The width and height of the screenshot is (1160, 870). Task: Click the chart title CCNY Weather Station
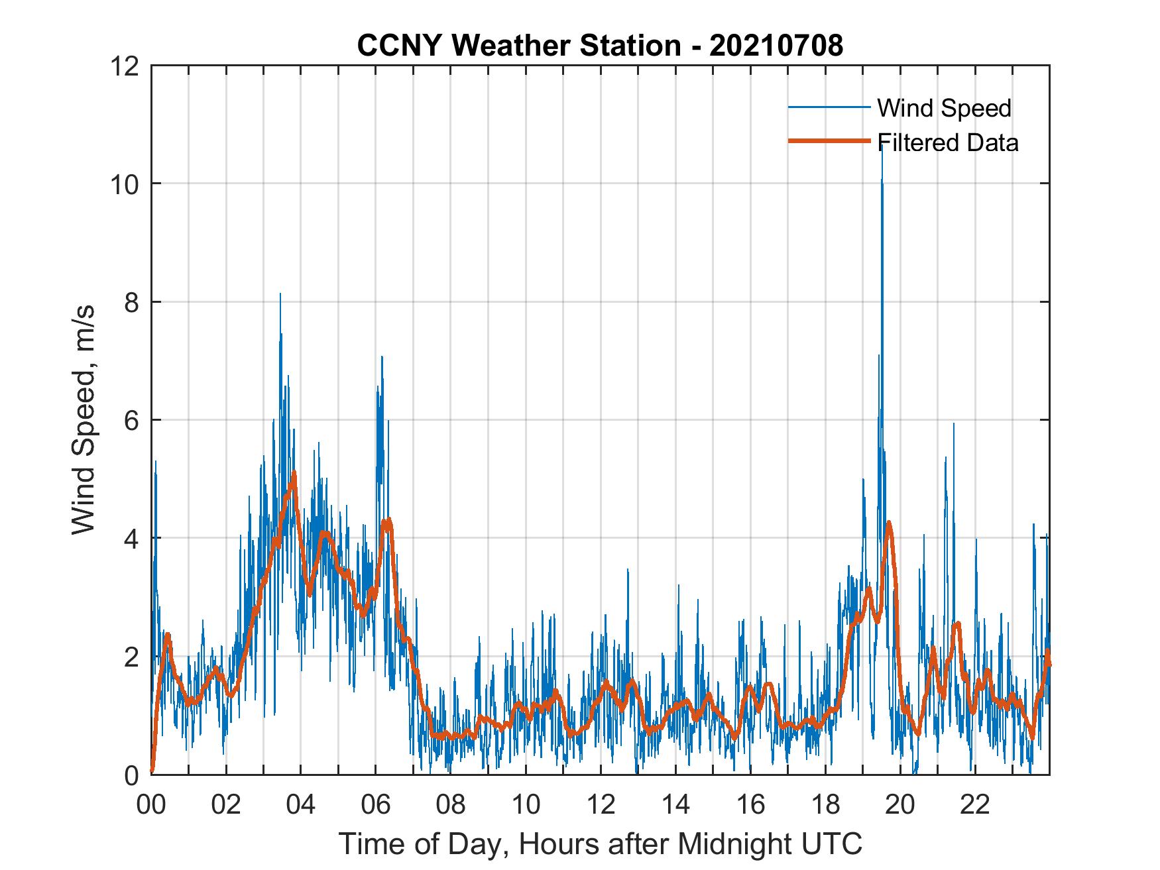click(518, 46)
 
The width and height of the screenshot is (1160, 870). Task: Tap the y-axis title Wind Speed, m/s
click(84, 419)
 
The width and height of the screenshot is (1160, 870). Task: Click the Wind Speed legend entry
click(944, 108)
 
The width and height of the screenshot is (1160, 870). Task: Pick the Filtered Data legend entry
click(947, 142)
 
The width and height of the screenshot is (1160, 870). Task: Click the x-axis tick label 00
click(152, 805)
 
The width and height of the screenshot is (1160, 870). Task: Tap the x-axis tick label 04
click(301, 805)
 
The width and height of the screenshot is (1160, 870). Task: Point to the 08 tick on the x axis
click(451, 805)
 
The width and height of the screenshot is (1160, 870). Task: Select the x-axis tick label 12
click(601, 805)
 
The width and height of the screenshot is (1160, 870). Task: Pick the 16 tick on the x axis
click(750, 805)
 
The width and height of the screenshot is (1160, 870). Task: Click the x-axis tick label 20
click(900, 805)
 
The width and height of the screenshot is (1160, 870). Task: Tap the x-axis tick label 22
click(975, 805)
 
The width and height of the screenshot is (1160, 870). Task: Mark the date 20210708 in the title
click(776, 46)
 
